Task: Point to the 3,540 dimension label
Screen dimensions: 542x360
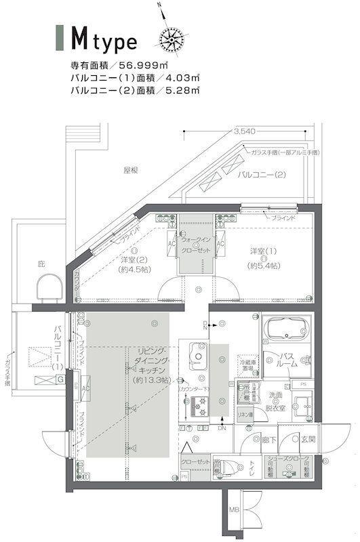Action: tap(242, 131)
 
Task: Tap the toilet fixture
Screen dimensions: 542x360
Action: tap(221, 467)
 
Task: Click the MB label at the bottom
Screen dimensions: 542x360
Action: tap(233, 509)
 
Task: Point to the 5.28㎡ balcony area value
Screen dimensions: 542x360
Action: tap(178, 89)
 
